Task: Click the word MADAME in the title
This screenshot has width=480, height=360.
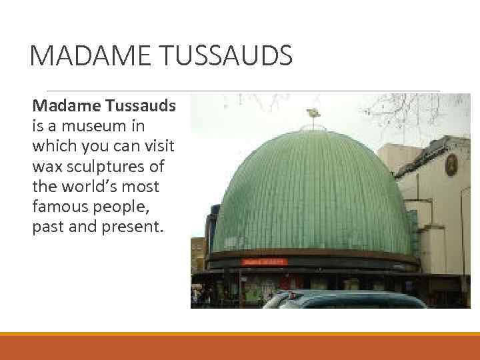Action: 87,55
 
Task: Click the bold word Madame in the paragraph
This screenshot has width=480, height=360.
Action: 64,105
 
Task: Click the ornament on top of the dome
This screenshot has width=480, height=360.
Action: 311,115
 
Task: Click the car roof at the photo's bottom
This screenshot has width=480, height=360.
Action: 347,297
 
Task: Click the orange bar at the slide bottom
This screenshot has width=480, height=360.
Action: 240,346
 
